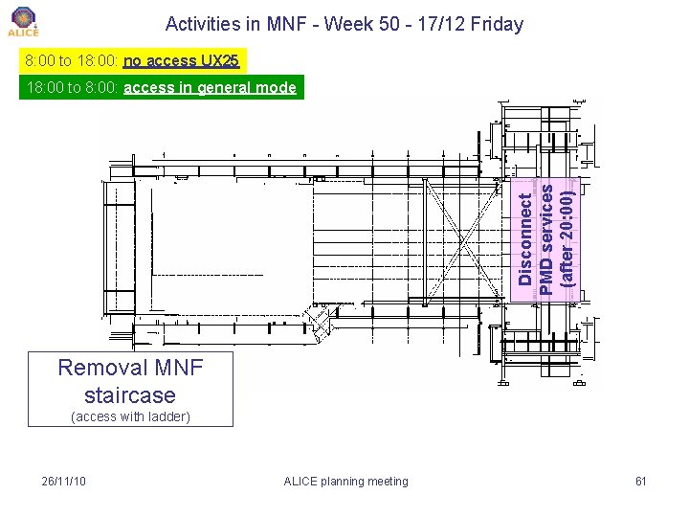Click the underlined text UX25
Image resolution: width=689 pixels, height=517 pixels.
[x=220, y=61]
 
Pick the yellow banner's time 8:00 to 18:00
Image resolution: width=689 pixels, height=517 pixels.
[x=72, y=61]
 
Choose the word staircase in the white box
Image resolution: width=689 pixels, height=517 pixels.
[x=130, y=394]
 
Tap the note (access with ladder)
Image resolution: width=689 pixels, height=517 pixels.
[x=131, y=416]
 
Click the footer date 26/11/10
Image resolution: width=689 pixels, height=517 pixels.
[x=64, y=481]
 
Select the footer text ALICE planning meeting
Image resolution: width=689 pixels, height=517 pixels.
[x=345, y=481]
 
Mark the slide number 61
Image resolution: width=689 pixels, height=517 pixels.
[x=640, y=481]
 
